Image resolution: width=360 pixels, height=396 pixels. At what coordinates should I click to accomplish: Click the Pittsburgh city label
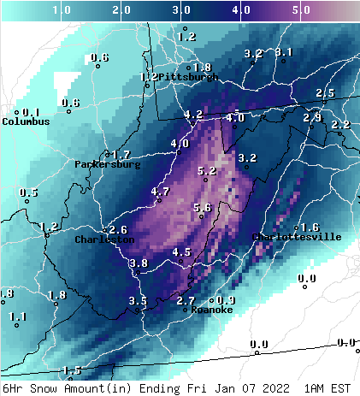188,77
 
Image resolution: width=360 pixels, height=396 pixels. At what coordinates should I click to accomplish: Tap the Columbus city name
26,121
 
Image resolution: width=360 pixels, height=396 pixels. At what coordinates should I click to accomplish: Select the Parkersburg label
107,164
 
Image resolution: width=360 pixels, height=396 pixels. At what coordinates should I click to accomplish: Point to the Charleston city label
104,240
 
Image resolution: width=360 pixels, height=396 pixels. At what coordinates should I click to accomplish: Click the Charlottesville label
297,237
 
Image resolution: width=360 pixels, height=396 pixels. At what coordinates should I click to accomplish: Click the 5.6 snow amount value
203,207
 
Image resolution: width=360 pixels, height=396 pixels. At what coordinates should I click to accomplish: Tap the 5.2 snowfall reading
206,171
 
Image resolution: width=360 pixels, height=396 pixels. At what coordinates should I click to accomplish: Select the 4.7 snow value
160,192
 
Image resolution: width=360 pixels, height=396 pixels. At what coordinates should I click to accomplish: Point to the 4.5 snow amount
181,252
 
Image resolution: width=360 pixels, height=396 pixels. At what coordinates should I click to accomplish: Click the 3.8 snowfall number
139,263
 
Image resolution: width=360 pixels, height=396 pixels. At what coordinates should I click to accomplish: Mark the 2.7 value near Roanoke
186,301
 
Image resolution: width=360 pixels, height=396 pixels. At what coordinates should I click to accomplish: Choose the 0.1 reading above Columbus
31,112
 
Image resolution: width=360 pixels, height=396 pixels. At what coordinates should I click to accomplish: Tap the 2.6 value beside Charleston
118,230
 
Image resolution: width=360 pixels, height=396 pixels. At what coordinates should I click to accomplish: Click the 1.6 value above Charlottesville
310,228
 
